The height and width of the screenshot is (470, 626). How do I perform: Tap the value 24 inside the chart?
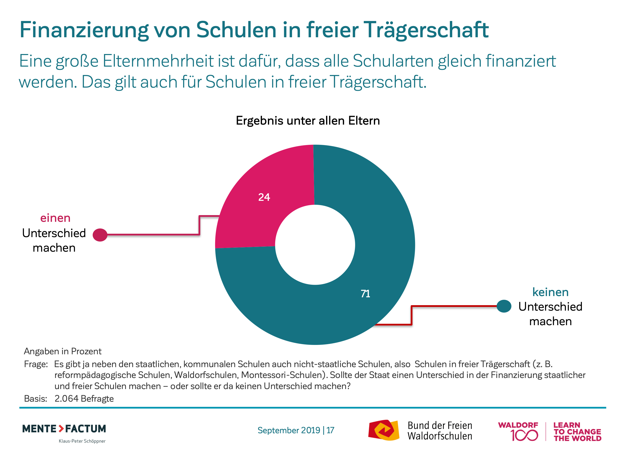[264, 197]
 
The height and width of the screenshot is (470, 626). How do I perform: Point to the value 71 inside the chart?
[365, 294]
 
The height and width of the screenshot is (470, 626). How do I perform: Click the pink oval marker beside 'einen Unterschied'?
[100, 235]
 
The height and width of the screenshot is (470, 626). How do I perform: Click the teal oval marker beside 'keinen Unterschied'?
[504, 306]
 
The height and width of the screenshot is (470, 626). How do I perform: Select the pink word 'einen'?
[55, 218]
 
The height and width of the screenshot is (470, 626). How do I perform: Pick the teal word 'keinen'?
[550, 292]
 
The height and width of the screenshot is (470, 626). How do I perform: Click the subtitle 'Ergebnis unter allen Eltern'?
[308, 121]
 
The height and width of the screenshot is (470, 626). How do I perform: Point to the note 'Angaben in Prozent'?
[63, 351]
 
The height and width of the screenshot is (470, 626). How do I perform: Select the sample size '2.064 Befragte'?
[84, 399]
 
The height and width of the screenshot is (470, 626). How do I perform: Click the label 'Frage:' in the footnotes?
[36, 364]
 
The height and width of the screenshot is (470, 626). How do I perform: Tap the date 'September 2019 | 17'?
[296, 430]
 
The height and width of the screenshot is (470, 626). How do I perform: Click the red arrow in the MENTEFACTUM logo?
[61, 428]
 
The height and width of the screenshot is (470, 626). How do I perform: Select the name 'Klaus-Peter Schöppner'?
[82, 441]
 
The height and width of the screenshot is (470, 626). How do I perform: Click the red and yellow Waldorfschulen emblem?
[383, 430]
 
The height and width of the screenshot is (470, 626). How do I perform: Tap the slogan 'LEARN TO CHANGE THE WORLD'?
[577, 432]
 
